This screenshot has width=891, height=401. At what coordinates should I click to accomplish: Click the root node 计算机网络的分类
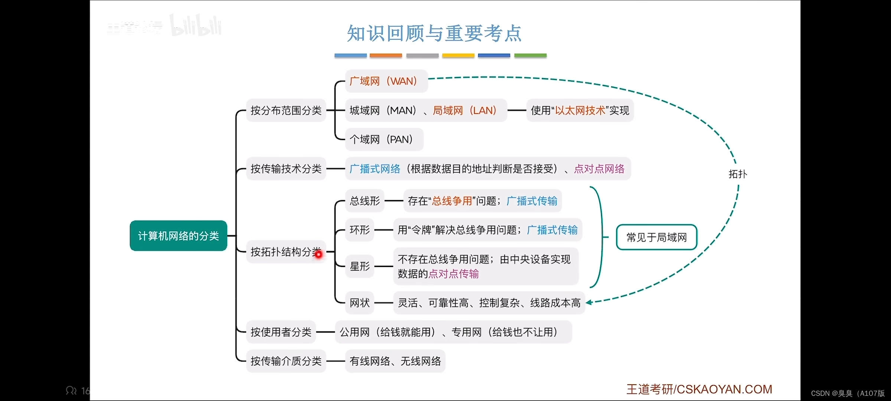click(178, 236)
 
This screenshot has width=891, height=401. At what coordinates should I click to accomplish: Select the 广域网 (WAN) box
click(386, 81)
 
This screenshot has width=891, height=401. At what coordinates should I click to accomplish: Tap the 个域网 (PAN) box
click(384, 140)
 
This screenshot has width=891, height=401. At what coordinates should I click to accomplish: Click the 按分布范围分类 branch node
click(286, 110)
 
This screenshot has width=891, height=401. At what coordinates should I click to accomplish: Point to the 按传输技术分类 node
click(286, 169)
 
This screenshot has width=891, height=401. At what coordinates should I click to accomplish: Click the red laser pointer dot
click(319, 254)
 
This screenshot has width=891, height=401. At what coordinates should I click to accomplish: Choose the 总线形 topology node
click(365, 201)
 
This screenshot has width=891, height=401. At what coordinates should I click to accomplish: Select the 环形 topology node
click(359, 230)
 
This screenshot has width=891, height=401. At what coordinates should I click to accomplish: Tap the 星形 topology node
click(359, 266)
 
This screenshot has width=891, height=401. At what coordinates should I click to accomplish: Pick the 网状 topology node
click(359, 303)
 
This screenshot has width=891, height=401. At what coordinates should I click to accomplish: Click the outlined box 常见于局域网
click(656, 237)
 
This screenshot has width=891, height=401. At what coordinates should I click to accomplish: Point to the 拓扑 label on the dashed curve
click(737, 174)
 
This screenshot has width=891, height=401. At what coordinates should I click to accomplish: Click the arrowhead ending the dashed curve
click(589, 302)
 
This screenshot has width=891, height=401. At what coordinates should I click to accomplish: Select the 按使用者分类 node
click(281, 332)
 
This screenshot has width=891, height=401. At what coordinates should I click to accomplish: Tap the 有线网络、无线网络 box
click(395, 361)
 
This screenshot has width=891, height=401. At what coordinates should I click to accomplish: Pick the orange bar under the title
click(386, 55)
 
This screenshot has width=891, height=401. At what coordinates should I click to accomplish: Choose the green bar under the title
click(530, 55)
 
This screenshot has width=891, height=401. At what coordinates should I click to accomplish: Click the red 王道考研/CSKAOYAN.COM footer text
click(699, 389)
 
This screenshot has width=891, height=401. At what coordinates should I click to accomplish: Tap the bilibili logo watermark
click(196, 26)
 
